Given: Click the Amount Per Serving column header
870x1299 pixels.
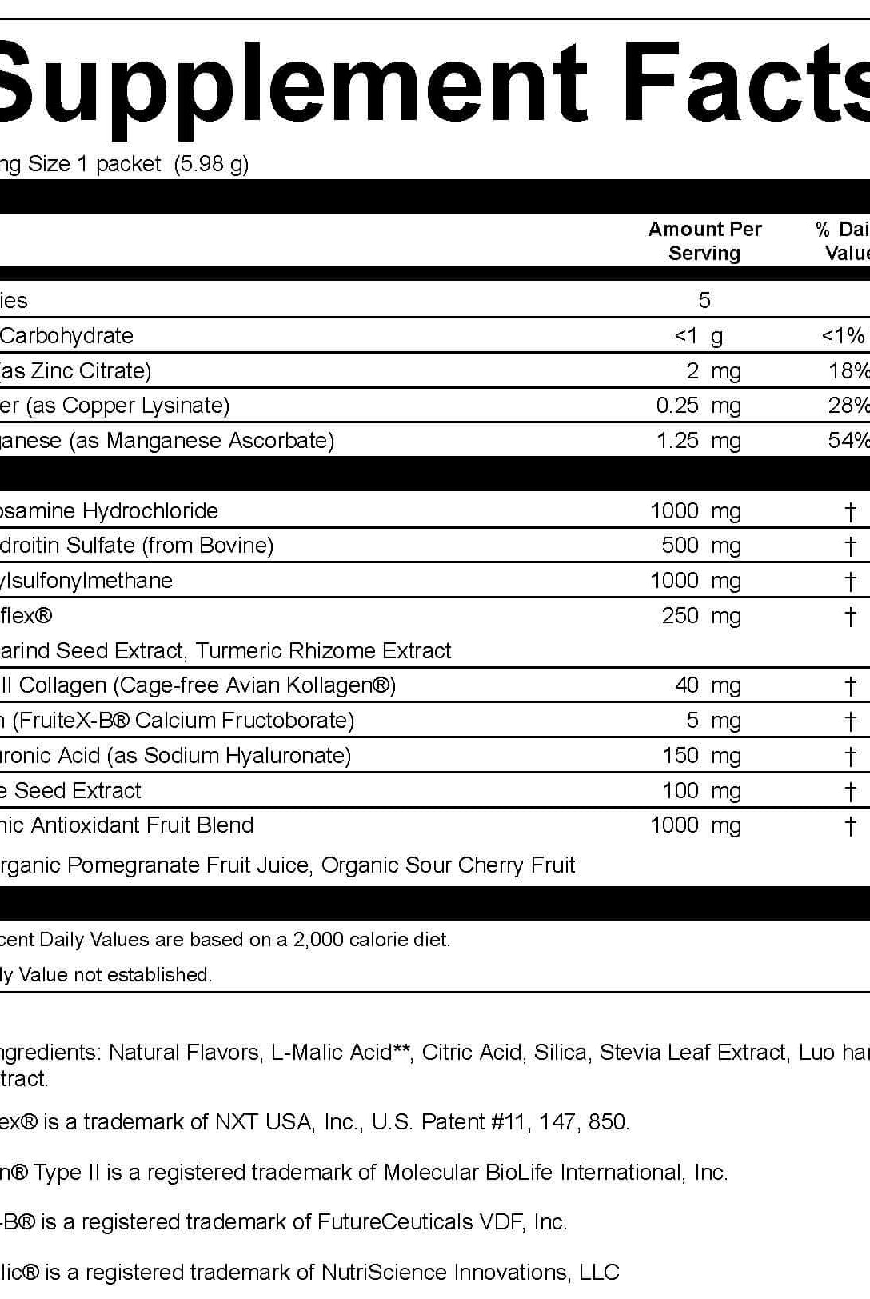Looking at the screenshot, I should coord(704,241).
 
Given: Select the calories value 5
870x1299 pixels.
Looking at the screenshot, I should coord(704,300).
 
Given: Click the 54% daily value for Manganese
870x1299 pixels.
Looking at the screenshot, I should coord(848,440).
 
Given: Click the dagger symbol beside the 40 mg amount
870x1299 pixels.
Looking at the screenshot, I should coord(850,685).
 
